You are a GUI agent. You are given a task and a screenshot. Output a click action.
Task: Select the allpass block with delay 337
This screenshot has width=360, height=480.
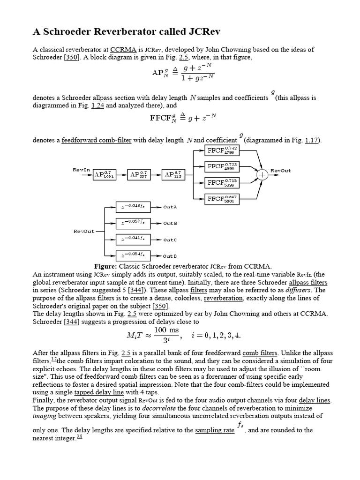tap(140, 174)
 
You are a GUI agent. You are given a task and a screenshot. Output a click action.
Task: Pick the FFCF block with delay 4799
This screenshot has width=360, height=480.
tap(223, 151)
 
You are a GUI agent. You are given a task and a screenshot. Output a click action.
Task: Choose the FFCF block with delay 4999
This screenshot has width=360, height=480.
tap(223, 166)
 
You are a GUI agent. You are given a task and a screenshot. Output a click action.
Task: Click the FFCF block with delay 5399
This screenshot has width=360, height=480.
tap(223, 182)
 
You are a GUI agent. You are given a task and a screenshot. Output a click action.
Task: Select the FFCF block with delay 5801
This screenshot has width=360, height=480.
tap(223, 198)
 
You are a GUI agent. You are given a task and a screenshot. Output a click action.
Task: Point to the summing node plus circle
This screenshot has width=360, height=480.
tap(262, 174)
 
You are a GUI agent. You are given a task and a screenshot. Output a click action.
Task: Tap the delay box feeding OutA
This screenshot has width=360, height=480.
tap(133, 206)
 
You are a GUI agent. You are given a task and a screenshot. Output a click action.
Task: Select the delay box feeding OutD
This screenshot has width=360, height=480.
tap(133, 255)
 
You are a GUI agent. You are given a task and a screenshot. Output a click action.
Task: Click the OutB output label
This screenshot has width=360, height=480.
tap(170, 223)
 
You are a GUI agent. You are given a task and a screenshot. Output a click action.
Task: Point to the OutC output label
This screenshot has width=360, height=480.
tap(170, 240)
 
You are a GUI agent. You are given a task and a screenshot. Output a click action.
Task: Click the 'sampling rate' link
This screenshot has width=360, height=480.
tap(215, 430)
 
